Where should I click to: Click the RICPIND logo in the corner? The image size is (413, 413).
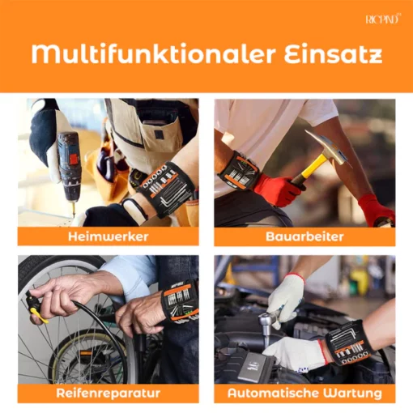[383, 19]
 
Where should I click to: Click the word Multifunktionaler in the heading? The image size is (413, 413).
[153, 54]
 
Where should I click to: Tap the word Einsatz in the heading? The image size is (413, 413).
[333, 54]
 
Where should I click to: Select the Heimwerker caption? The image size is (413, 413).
[109, 236]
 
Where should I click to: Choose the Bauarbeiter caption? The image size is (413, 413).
[304, 236]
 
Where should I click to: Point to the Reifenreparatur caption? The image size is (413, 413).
[109, 393]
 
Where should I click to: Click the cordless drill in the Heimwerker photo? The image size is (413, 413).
[68, 168]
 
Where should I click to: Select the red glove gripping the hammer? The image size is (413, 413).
[278, 189]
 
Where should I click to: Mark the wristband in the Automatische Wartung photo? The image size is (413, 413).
[349, 343]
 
